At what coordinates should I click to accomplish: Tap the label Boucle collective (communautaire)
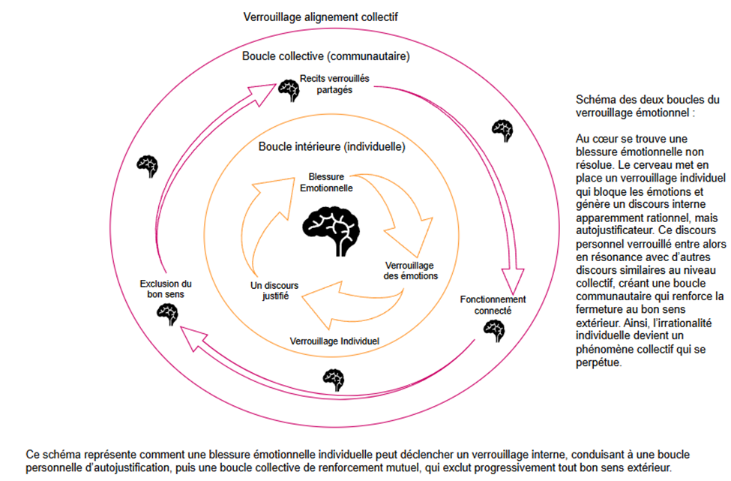[x=325, y=56]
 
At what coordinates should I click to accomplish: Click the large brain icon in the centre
[x=331, y=225]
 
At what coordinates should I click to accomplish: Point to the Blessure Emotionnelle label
[x=325, y=182]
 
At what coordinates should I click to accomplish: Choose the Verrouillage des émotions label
[x=411, y=271]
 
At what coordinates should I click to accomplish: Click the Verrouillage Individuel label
[x=334, y=341]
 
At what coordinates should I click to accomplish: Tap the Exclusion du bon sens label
[x=166, y=289]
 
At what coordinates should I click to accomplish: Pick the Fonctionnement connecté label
[x=493, y=305]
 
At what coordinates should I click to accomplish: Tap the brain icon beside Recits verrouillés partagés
[x=289, y=90]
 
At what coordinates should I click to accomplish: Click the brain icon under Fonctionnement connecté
[x=493, y=329]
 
